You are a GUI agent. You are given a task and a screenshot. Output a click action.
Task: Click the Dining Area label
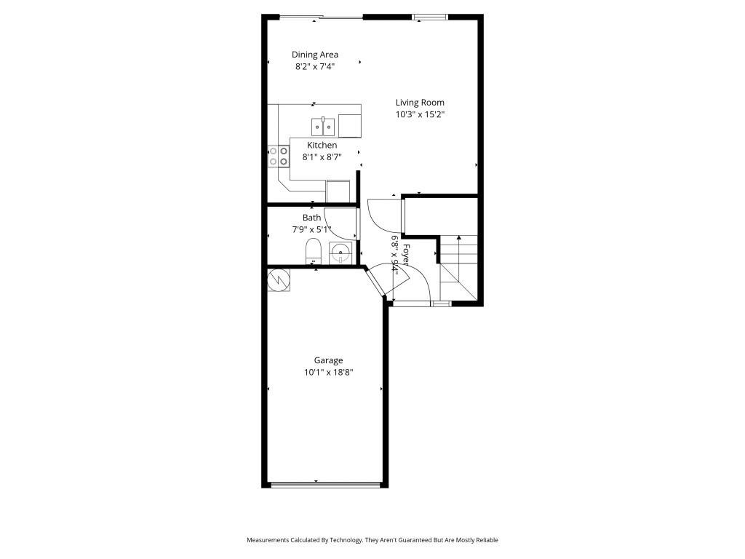tap(314, 55)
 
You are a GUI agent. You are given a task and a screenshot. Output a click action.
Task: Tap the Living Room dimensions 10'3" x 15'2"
tap(420, 114)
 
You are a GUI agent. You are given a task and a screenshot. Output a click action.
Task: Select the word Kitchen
tap(322, 146)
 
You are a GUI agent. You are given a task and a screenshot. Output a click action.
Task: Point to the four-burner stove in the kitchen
tap(278, 156)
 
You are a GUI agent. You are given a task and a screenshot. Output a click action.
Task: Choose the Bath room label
tap(311, 218)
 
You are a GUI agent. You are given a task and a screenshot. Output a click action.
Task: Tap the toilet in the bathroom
tap(313, 253)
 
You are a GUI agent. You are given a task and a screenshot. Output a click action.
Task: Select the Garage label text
tap(328, 360)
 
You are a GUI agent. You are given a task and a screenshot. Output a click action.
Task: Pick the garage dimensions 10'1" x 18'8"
tap(328, 373)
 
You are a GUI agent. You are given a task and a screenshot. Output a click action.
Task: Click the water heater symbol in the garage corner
tap(279, 279)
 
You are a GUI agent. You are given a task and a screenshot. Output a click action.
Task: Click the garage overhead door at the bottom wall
tap(325, 484)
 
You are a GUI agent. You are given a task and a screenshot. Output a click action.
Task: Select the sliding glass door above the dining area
tap(321, 17)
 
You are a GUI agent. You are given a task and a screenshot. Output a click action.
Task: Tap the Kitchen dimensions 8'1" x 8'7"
tap(322, 157)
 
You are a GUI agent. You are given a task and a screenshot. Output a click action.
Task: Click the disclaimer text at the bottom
tap(372, 540)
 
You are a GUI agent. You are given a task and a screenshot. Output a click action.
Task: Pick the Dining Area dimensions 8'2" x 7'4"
tap(314, 66)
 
